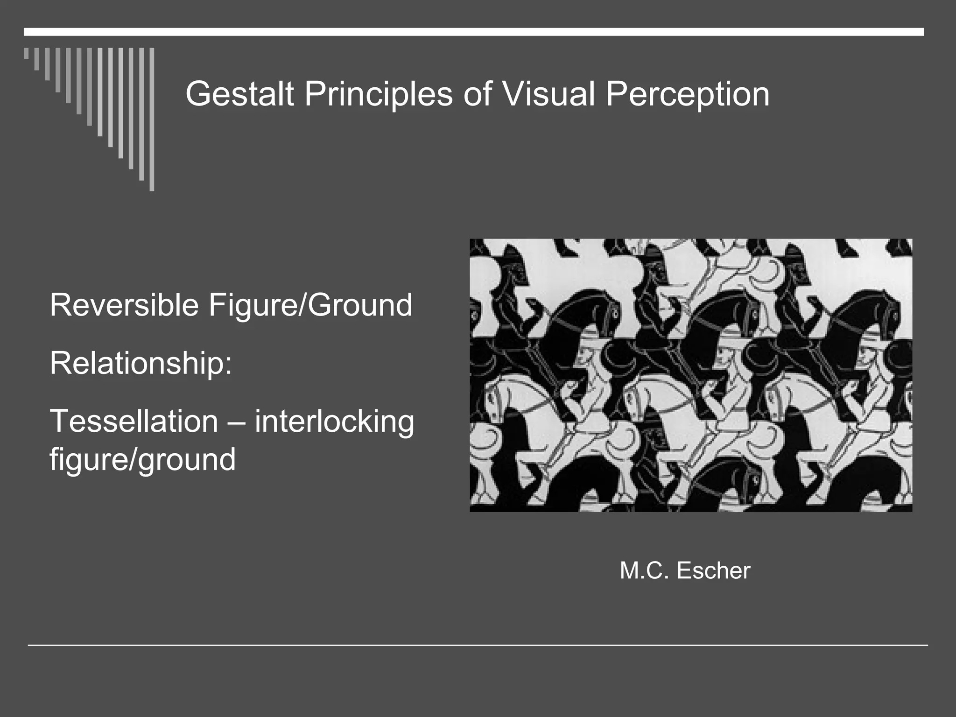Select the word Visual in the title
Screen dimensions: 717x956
pyautogui.click(x=548, y=94)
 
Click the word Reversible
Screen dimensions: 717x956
pyautogui.click(x=124, y=305)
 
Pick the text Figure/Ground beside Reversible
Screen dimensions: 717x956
pyautogui.click(x=310, y=306)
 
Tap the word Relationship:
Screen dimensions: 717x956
pyautogui.click(x=141, y=363)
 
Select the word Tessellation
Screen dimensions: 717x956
pyautogui.click(x=134, y=421)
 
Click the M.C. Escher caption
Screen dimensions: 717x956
pyautogui.click(x=685, y=570)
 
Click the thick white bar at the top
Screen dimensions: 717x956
pyautogui.click(x=474, y=32)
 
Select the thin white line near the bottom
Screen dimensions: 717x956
pyautogui.click(x=478, y=645)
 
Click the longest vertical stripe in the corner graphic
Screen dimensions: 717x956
pyautogui.click(x=152, y=119)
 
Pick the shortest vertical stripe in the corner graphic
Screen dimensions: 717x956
pyautogui.click(x=26, y=53)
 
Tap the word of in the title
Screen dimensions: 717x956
pyautogui.click(x=478, y=94)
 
